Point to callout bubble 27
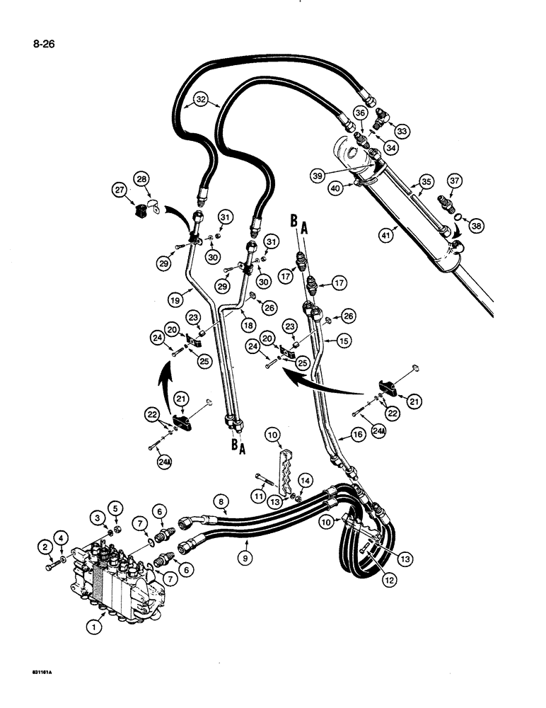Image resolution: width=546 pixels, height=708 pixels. point(119,190)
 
